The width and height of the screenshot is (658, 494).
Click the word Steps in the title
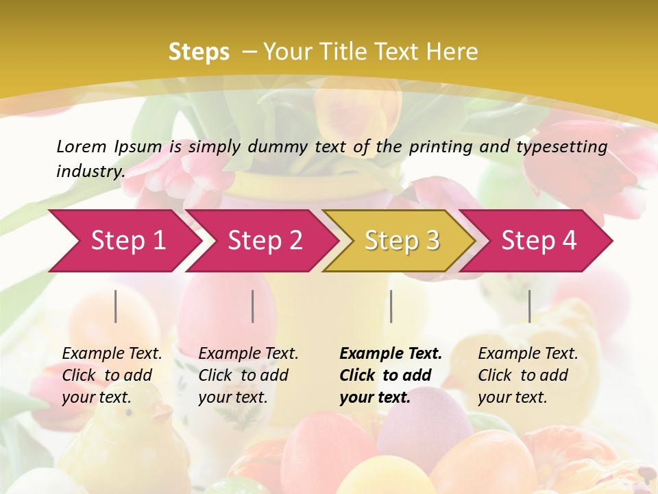199,52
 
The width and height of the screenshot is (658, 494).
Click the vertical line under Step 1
116,306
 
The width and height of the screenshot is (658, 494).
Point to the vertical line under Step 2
253,306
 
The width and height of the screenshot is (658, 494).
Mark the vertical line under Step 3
391,306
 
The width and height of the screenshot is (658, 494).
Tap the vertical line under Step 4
529,306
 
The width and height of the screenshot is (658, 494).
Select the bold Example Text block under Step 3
391,375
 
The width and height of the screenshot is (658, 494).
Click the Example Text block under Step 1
112,375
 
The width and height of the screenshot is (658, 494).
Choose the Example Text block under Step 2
248,375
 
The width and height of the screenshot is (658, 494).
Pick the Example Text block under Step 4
528,375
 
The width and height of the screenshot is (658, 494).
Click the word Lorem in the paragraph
82,146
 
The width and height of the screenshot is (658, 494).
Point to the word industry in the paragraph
90,171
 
